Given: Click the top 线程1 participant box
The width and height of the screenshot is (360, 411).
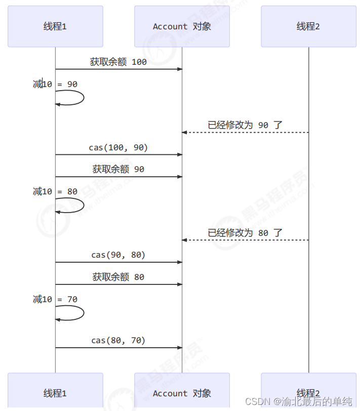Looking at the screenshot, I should coord(55,26).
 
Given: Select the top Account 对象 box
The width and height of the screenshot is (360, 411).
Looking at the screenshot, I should coord(182,26).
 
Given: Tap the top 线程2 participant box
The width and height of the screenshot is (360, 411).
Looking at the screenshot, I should coord(308,26).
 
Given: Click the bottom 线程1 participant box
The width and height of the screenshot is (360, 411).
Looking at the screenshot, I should coord(55,393).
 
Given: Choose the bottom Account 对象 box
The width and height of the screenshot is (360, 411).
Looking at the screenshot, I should coord(182,393).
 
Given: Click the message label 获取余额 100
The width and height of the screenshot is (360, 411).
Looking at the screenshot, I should coord(118,62).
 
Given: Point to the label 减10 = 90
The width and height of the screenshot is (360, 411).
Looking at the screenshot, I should coord(55,84).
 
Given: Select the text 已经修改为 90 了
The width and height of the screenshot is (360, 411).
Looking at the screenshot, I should coord(245,125).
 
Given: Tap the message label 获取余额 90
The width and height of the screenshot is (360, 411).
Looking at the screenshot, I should coord(118,169).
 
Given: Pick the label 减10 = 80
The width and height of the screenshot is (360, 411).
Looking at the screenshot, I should coord(55,191).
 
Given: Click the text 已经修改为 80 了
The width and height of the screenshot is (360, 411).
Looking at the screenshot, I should coord(245,233).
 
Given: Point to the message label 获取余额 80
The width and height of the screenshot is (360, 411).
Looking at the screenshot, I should coord(118,277).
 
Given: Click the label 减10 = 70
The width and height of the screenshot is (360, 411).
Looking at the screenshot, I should coord(55,299).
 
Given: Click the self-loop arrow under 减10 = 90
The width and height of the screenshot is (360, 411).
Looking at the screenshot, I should coord(76,98).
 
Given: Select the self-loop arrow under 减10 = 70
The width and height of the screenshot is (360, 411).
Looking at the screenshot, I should coord(76,313).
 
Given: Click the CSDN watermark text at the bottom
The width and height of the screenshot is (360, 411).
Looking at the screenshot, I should coord(298,401).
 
